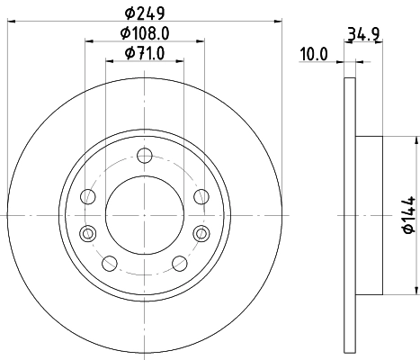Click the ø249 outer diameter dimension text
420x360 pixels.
(145, 13)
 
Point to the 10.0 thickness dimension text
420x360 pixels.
(313, 54)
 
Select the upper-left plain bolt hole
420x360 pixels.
(88, 197)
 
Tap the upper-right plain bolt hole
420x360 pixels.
(200, 197)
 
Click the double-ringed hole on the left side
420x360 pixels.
(87, 234)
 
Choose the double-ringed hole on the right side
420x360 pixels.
(200, 234)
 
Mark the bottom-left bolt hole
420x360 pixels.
(110, 263)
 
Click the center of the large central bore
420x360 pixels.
(144, 215)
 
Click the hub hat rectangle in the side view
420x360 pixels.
(370, 215)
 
